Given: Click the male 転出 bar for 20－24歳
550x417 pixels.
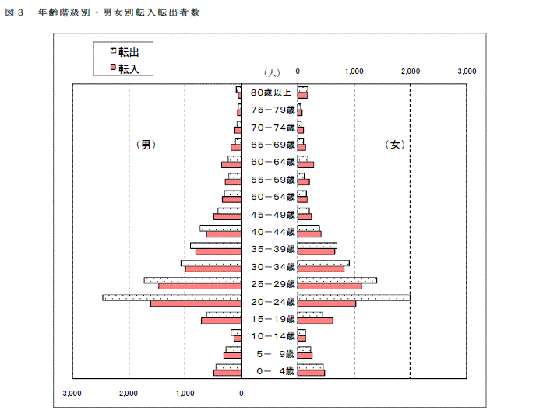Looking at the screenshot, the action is pyautogui.click(x=172, y=298).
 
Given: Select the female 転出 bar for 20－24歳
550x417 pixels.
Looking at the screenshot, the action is pyautogui.click(x=354, y=298).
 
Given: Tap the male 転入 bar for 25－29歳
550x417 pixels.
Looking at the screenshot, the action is pyautogui.click(x=199, y=286).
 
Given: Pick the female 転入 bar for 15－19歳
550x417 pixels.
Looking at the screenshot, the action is pyautogui.click(x=315, y=321).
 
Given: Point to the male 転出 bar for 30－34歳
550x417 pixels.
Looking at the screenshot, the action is pyautogui.click(x=211, y=263).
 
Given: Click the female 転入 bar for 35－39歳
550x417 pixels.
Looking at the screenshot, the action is pyautogui.click(x=316, y=251).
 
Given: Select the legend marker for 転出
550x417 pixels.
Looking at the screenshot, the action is pyautogui.click(x=113, y=51).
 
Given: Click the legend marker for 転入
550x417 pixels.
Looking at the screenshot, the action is pyautogui.click(x=113, y=67).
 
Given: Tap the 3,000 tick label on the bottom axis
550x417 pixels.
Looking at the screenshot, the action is pyautogui.click(x=72, y=394).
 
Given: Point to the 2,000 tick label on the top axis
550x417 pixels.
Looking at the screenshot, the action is pyautogui.click(x=411, y=72).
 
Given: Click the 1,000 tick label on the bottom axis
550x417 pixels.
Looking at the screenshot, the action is pyautogui.click(x=185, y=394).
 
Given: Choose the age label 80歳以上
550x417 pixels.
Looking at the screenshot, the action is pyautogui.click(x=271, y=93).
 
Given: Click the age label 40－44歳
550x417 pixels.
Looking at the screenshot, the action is pyautogui.click(x=273, y=232).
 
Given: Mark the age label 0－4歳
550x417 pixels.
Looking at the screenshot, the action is pyautogui.click(x=275, y=371).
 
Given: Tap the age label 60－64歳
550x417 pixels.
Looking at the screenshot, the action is pyautogui.click(x=273, y=163).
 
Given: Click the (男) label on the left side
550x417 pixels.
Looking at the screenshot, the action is pyautogui.click(x=146, y=145).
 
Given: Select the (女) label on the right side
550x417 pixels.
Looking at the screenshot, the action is pyautogui.click(x=395, y=145).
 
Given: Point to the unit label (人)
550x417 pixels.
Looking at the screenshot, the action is pyautogui.click(x=272, y=73).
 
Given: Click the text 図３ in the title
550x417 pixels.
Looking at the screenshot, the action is pyautogui.click(x=14, y=12).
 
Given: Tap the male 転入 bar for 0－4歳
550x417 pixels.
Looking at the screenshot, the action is pyautogui.click(x=227, y=373).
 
